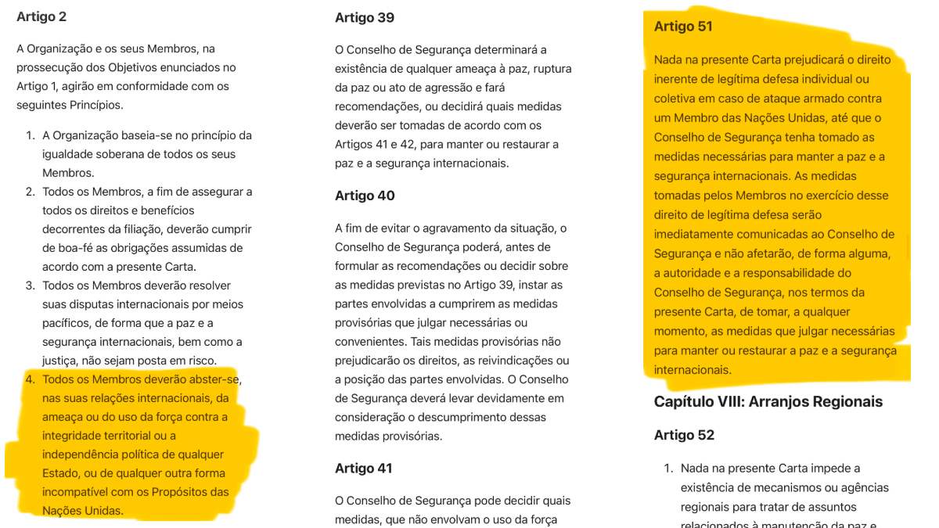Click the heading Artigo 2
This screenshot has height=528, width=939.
[x=41, y=16]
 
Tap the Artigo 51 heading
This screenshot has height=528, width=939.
[x=683, y=26]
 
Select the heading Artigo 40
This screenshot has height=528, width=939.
[x=365, y=196]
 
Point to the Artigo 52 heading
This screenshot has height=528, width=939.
[x=684, y=435]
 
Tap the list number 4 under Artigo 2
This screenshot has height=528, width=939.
[x=30, y=379]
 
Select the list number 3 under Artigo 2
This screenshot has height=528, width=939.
[x=30, y=286]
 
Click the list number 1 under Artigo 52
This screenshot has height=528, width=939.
[x=668, y=469]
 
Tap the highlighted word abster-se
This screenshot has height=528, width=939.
[x=215, y=379]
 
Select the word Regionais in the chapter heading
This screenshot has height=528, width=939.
[x=845, y=401]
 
